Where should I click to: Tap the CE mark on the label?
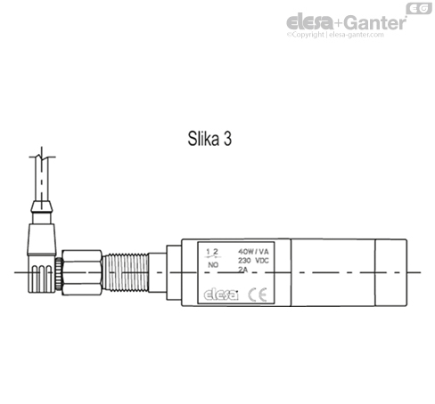pyautogui.click(x=256, y=295)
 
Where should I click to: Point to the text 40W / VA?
pyautogui.click(x=257, y=252)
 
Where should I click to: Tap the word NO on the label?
pyautogui.click(x=212, y=265)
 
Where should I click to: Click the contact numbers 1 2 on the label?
pyautogui.click(x=212, y=253)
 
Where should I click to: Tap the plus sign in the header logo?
pyautogui.click(x=336, y=22)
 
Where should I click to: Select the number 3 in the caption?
pyautogui.click(x=232, y=139)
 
